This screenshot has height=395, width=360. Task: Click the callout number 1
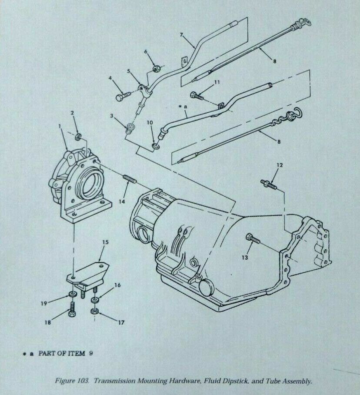click(x=60, y=125)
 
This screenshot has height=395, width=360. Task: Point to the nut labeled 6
click(x=157, y=68)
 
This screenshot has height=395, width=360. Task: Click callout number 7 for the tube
click(x=181, y=35)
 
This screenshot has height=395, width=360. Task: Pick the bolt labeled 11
click(x=197, y=95)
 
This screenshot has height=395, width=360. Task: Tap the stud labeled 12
click(x=269, y=184)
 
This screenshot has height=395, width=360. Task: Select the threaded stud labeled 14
click(x=130, y=179)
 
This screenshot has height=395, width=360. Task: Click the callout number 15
click(x=105, y=242)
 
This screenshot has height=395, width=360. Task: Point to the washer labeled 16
click(x=95, y=300)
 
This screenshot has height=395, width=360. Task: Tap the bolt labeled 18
click(x=71, y=309)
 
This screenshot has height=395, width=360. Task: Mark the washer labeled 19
click(x=72, y=294)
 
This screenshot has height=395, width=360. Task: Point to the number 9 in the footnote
click(x=90, y=353)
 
